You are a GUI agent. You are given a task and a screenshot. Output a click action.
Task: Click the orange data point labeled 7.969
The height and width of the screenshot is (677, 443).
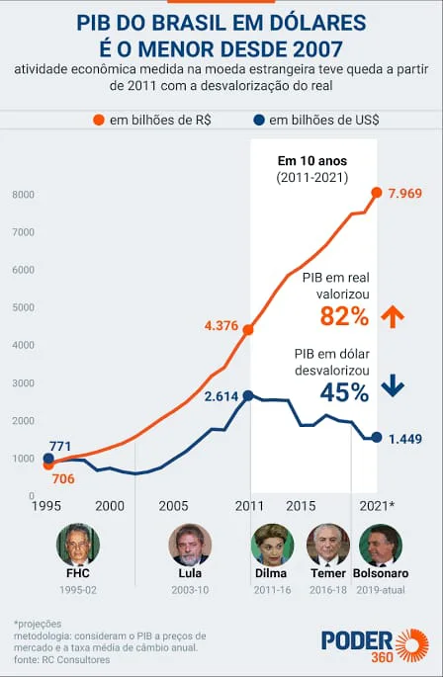(x=377, y=193)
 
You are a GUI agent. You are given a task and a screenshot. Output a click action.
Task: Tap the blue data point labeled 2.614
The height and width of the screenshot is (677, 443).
(x=248, y=395)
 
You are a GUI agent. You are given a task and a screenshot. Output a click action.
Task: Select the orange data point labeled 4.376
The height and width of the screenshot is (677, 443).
(x=248, y=330)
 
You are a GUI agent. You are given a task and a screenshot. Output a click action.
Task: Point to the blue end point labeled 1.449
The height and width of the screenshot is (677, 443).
(x=377, y=438)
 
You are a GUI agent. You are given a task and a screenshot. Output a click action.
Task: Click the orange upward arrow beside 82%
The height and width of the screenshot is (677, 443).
(x=393, y=316)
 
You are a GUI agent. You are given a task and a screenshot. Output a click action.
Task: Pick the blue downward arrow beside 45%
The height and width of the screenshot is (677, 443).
(x=393, y=385)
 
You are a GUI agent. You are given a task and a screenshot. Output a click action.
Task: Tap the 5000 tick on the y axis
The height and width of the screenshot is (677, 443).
(x=24, y=307)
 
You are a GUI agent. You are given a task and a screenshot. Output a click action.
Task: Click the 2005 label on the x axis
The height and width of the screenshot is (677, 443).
(x=173, y=506)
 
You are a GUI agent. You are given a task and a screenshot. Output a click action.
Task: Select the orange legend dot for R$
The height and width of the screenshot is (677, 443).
(x=99, y=120)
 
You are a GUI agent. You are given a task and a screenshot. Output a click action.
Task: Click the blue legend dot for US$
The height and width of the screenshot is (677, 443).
(x=259, y=120)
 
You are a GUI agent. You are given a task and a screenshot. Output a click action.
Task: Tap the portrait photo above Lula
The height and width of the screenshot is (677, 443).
(x=190, y=545)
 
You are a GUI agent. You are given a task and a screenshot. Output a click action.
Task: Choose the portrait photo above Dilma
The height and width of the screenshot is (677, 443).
(x=272, y=545)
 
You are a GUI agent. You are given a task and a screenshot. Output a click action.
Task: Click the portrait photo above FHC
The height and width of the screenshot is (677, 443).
(x=78, y=545)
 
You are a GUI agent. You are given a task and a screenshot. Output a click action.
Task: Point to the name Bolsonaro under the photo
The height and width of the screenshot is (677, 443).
(x=381, y=573)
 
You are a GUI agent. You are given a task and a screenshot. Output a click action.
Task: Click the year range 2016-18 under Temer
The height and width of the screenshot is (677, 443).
(x=328, y=590)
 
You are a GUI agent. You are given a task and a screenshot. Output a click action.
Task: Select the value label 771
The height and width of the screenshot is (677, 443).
(x=60, y=446)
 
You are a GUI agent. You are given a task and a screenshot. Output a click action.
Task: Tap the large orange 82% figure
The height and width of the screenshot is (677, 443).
(x=344, y=316)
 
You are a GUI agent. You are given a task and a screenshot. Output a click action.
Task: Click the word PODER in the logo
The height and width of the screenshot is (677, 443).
(x=357, y=641)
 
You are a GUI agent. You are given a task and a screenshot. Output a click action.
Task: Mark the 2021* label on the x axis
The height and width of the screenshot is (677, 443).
(x=377, y=506)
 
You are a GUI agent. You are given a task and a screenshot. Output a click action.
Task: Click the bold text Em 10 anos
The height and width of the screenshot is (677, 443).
(x=312, y=161)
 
